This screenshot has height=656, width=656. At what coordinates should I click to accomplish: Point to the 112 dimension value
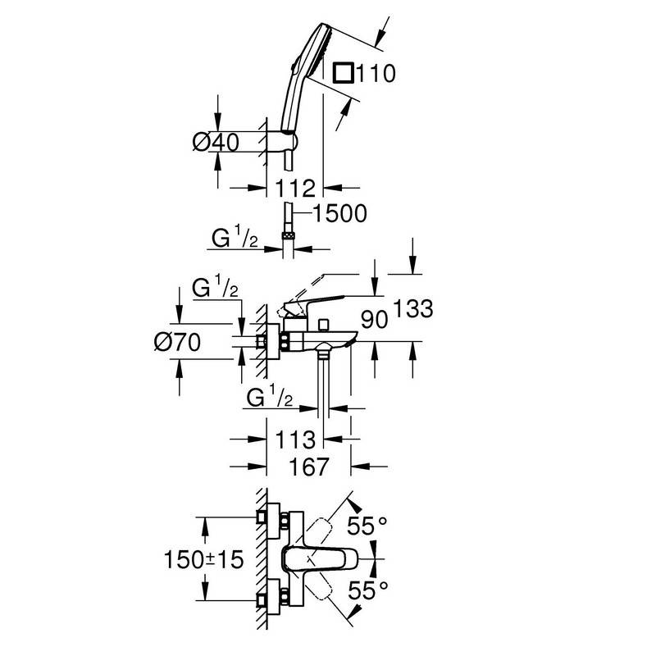297,189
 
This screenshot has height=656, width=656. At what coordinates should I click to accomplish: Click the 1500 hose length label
339,213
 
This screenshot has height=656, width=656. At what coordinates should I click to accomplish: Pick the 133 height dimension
412,309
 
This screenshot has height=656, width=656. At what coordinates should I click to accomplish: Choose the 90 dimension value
373,318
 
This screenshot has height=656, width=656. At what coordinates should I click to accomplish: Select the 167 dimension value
309,467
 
